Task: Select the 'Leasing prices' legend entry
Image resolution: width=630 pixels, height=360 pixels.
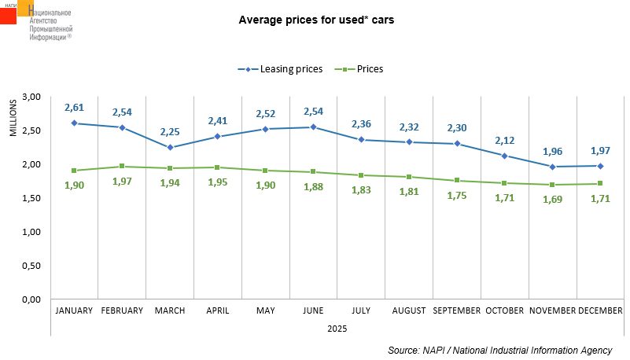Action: pyautogui.click(x=280, y=69)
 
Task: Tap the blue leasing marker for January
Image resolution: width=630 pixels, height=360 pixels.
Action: pyautogui.click(x=75, y=123)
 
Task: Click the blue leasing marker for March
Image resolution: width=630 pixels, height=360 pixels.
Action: pyautogui.click(x=170, y=148)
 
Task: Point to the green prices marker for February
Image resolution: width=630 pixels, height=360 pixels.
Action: pyautogui.click(x=123, y=167)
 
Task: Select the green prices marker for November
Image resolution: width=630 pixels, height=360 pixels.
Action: pyautogui.click(x=553, y=186)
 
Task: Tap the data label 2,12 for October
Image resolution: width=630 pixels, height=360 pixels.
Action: pyautogui.click(x=506, y=140)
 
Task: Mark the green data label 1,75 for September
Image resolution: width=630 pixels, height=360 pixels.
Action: pyautogui.click(x=458, y=197)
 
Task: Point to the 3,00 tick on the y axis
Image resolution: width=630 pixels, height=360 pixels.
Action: pyautogui.click(x=31, y=97)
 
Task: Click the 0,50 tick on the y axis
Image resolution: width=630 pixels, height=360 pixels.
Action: pyautogui.click(x=31, y=266)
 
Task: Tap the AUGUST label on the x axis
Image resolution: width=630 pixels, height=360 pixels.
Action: pyautogui.click(x=410, y=311)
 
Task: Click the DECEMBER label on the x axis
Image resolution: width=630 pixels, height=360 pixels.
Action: pyautogui.click(x=602, y=311)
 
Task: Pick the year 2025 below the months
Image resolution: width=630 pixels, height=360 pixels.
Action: pyautogui.click(x=337, y=328)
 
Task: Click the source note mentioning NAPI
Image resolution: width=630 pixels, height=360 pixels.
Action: pyautogui.click(x=499, y=350)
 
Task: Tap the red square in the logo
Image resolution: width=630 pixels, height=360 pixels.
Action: pyautogui.click(x=9, y=14)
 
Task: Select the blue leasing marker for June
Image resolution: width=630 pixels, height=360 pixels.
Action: pyautogui.click(x=314, y=127)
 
